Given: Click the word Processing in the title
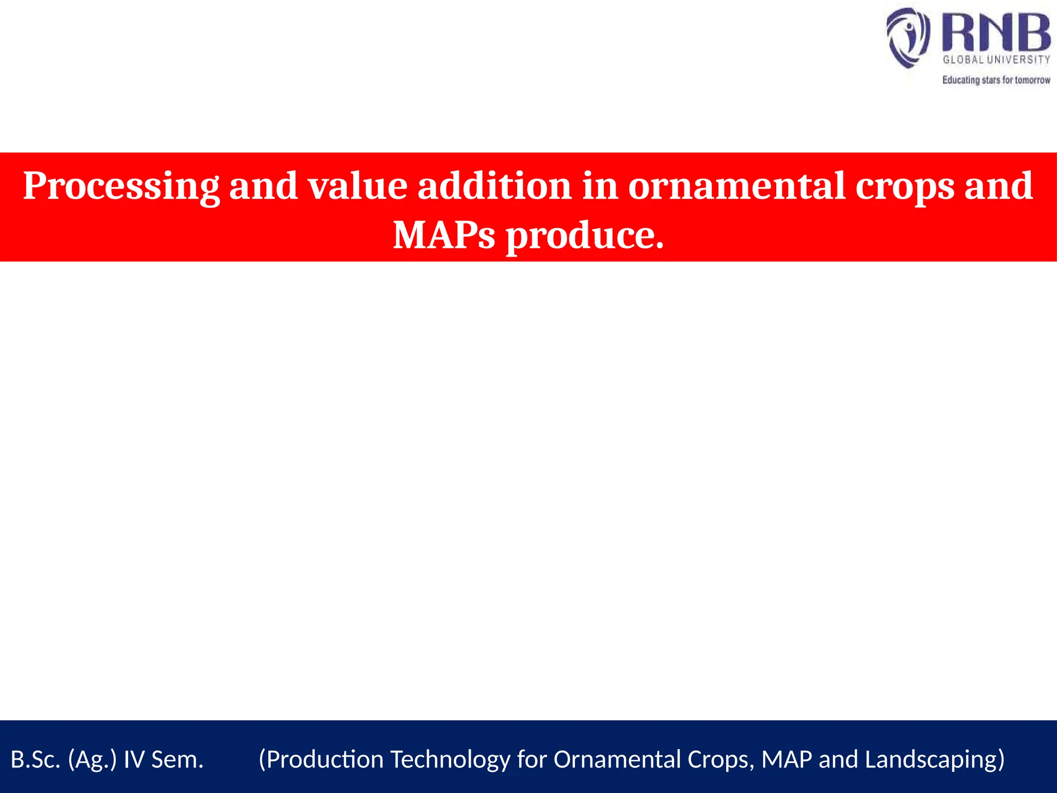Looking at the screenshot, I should [x=121, y=186].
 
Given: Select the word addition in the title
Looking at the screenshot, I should [x=494, y=186].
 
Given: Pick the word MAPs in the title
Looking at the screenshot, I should [x=444, y=235].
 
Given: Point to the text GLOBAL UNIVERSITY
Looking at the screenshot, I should [x=996, y=60].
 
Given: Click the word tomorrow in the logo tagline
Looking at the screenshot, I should [x=1032, y=80].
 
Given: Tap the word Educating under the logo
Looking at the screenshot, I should [x=960, y=80].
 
